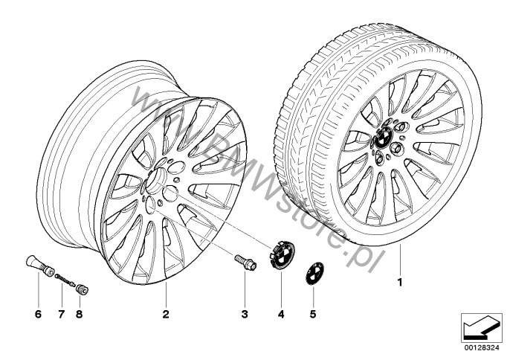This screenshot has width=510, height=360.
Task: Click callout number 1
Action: click(x=400, y=282)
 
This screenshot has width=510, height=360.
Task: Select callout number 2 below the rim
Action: click(x=166, y=314)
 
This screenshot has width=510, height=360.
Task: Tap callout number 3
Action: click(x=245, y=314)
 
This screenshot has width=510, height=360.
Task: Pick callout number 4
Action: click(x=281, y=314)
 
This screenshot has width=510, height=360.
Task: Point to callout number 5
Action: click(x=312, y=314)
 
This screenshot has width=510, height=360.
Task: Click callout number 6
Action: click(x=39, y=314)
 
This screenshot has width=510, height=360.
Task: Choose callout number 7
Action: click(x=62, y=314)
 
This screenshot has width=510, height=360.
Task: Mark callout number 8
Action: click(x=79, y=314)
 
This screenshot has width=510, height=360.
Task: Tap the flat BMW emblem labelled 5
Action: click(x=314, y=274)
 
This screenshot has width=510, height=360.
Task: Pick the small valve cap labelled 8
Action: click(x=82, y=289)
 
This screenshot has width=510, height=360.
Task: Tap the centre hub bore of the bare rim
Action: click(x=156, y=180)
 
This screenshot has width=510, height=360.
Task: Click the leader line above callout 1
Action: click(x=400, y=260)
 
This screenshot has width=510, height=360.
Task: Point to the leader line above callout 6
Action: click(x=39, y=291)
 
